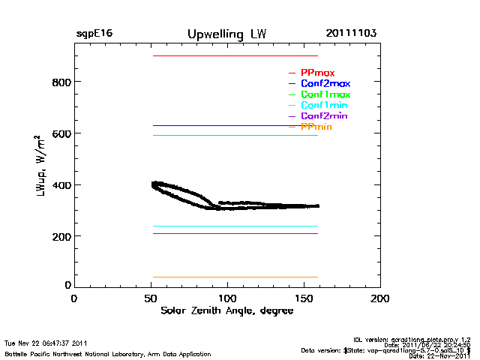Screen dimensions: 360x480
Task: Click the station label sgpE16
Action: tap(94, 34)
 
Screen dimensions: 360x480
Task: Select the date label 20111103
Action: tap(351, 34)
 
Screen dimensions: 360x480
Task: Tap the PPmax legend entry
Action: tap(317, 73)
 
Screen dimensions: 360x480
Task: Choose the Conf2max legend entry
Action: tap(325, 83)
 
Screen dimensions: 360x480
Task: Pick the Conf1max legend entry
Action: tap(325, 94)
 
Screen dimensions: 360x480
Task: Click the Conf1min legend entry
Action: tap(323, 106)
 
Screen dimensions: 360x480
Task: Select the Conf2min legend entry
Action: tap(323, 116)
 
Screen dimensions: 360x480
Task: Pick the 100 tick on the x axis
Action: tap(227, 298)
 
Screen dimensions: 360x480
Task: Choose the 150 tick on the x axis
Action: tap(304, 298)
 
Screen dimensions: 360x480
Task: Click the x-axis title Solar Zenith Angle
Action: tap(225, 310)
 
